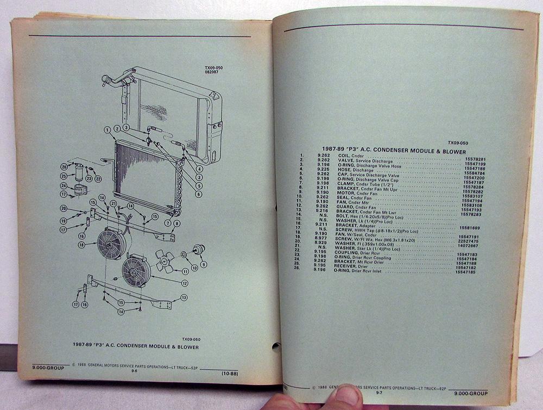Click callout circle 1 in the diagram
click(109, 129)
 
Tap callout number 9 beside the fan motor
click(204, 264)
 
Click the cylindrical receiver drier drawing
click(80, 171)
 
